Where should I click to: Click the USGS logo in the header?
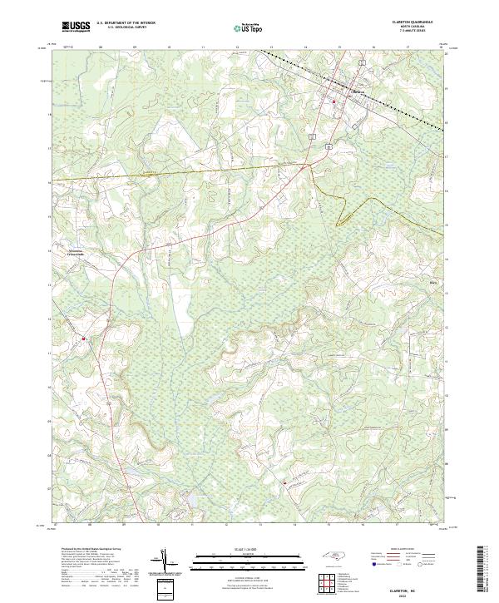(x=76, y=27)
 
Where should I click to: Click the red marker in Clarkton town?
(x=334, y=102)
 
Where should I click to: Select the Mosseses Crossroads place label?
(x=72, y=255)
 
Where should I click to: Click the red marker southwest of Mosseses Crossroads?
(x=83, y=339)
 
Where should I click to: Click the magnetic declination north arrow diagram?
(x=166, y=564)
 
